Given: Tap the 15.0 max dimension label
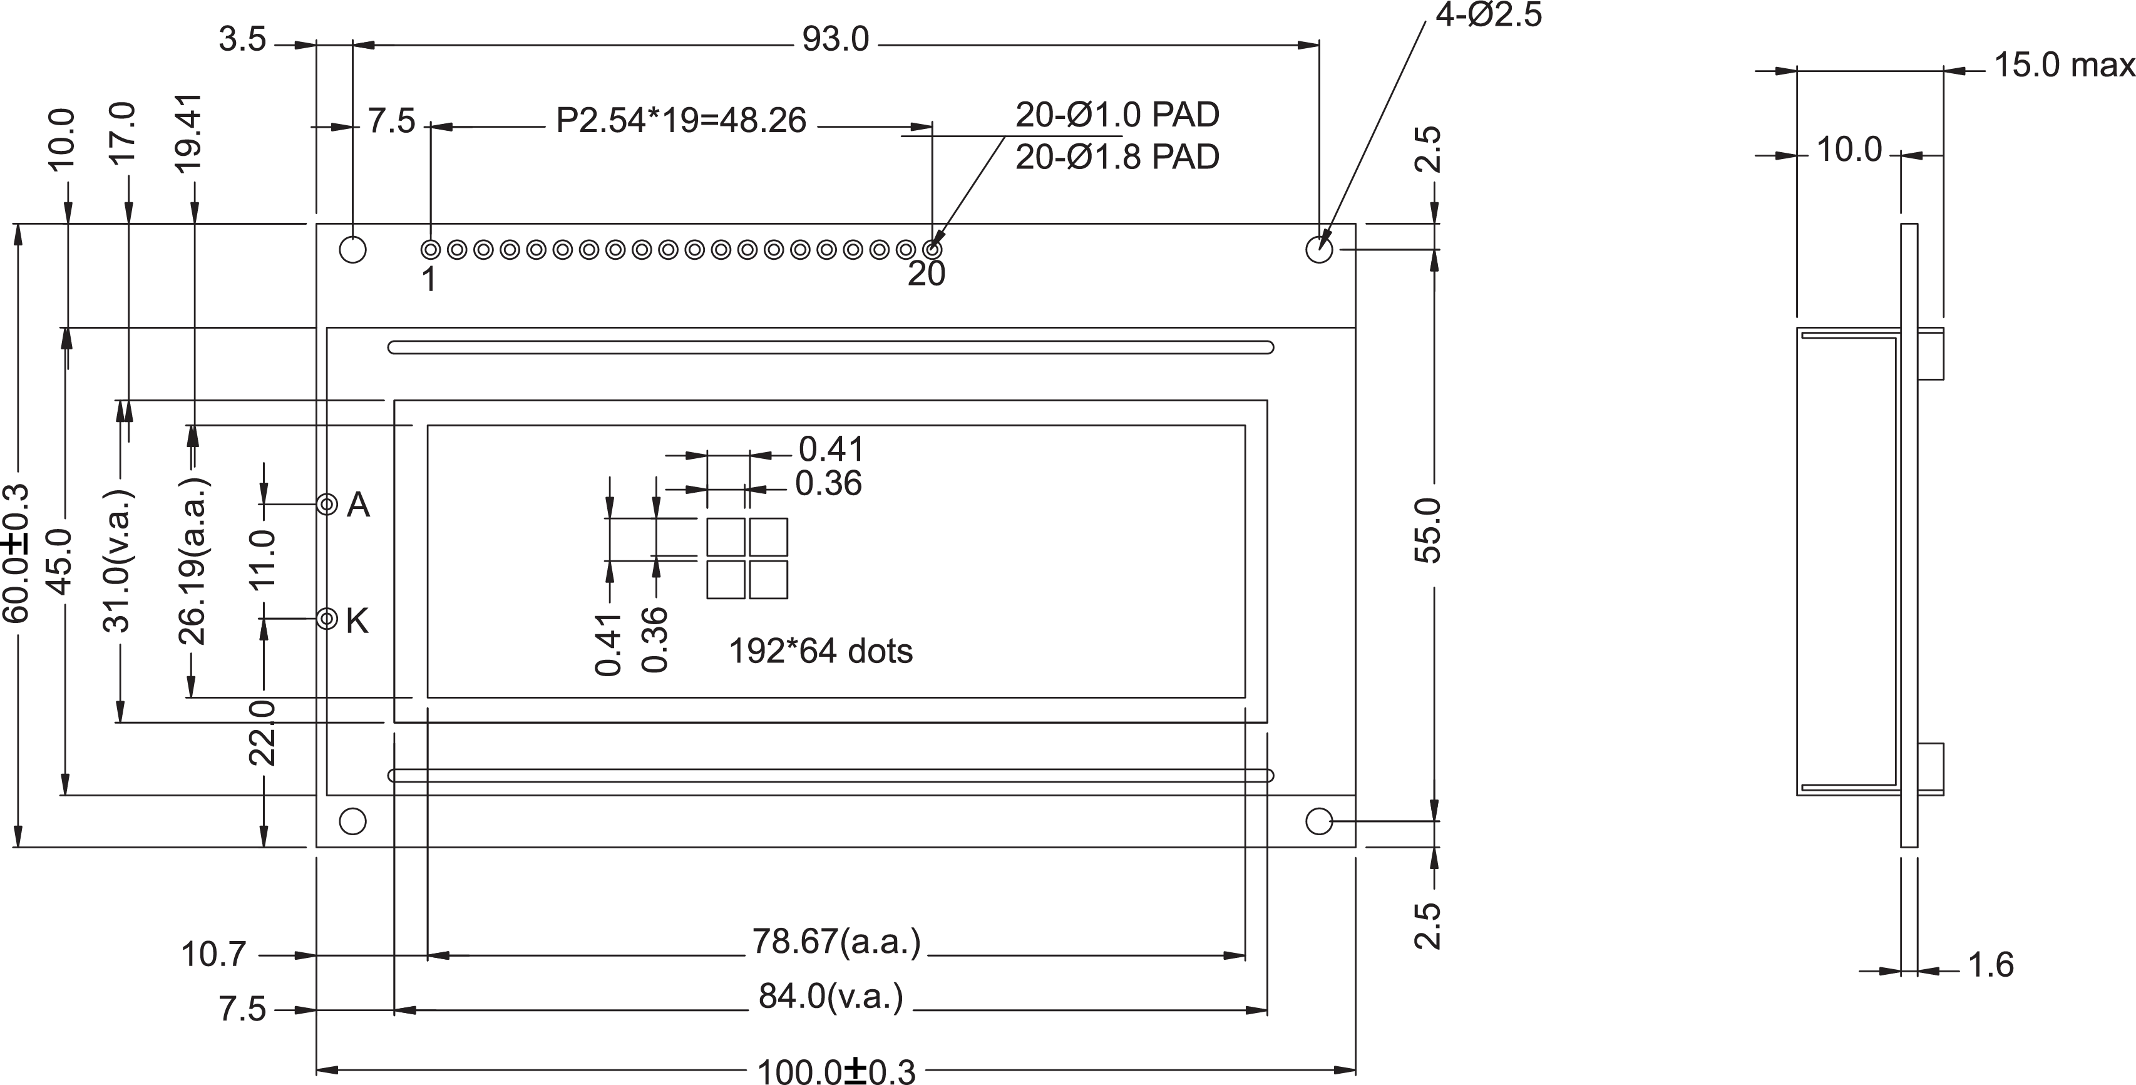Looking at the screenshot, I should [x=2063, y=66].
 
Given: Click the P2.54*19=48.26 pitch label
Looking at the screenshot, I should [x=680, y=121].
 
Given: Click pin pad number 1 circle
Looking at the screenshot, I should [x=430, y=249].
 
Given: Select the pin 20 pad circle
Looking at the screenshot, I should [x=932, y=249].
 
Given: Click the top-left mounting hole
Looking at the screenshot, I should [x=353, y=249].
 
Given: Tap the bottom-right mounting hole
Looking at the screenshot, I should [x=1318, y=821].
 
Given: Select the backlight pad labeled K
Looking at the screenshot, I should [x=327, y=618].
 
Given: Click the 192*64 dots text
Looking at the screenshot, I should [x=820, y=651].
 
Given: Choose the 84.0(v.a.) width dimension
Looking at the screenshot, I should [x=831, y=996].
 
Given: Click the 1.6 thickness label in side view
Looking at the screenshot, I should [x=1990, y=965].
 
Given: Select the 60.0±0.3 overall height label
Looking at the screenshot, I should [x=16, y=553].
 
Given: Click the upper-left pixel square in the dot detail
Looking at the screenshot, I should [x=726, y=537].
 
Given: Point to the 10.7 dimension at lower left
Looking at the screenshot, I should [x=214, y=955].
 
